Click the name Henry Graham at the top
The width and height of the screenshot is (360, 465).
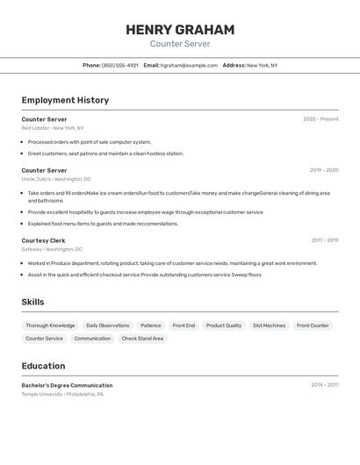[x=180, y=30]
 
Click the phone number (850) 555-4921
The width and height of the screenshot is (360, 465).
[x=119, y=65]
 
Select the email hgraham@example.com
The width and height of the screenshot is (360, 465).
[x=189, y=65]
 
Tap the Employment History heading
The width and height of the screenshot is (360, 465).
[x=65, y=100]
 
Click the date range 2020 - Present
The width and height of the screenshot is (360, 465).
[x=320, y=119]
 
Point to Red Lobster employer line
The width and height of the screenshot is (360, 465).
[x=53, y=128]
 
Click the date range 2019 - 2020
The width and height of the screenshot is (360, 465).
[x=323, y=170]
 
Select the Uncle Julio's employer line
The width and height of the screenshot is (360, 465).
[x=57, y=179]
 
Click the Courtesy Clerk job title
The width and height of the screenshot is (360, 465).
[x=43, y=240]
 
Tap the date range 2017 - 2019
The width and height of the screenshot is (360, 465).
[x=324, y=240]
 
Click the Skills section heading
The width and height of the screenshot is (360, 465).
[x=33, y=303]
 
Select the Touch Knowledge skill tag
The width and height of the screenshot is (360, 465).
[x=50, y=325]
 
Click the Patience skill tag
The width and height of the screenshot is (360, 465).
[x=151, y=325]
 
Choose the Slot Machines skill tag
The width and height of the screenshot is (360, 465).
[x=269, y=325]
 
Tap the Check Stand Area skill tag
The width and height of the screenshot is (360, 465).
[x=142, y=339]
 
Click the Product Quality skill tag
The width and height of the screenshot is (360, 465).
[x=224, y=325]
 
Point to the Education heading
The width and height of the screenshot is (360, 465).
[x=43, y=366]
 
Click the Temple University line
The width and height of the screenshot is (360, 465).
[x=62, y=395]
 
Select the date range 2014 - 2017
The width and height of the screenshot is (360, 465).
[x=324, y=385]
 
